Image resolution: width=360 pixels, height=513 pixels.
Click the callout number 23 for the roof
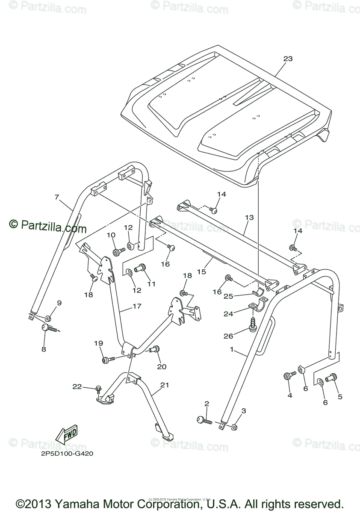[288, 59]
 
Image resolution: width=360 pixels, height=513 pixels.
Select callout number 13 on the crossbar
[249, 218]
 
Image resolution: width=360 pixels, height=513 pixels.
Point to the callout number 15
[201, 271]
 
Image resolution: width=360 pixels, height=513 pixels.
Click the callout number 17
[136, 306]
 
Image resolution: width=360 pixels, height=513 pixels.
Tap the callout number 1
[231, 349]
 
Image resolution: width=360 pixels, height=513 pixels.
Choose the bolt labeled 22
[98, 389]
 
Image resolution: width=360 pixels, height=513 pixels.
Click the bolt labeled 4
[289, 376]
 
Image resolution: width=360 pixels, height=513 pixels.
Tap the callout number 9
[59, 303]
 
